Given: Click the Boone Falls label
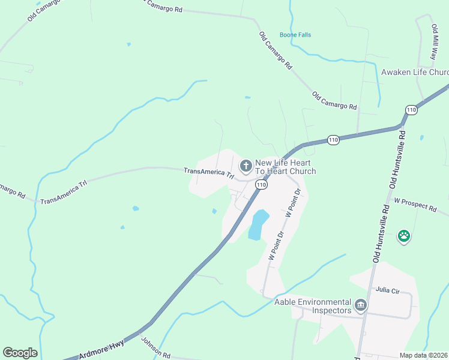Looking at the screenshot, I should coord(295,35).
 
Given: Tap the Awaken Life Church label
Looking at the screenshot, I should coord(415,72).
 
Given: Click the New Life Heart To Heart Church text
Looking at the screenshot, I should coord(286,167).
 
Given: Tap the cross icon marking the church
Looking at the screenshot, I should coord(246,166).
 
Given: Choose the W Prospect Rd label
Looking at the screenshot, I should coord(415,205).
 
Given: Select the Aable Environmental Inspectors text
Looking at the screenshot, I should coord(312,306).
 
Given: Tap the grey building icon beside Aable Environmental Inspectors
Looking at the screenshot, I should coord(361,306).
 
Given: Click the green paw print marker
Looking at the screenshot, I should coord(405,236).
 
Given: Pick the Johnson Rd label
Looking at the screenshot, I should coord(156,347).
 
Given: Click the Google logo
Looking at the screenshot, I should coord(20,353).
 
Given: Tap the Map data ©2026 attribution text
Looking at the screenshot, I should coord(424,355).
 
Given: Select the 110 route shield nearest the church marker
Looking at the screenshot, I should coord(261,185).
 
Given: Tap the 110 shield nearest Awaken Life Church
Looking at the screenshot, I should coord(411,110).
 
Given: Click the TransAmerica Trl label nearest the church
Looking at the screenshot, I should coord(209,173).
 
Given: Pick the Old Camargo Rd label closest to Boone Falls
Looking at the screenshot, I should coord(276,51).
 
